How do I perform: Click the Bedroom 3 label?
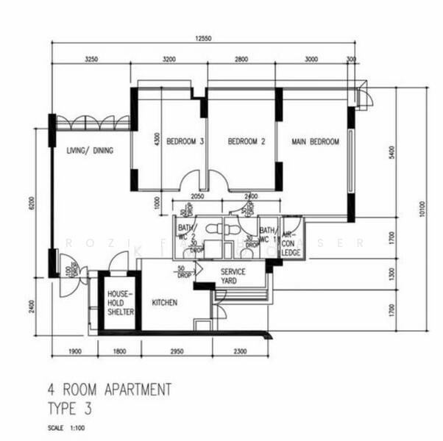click(x=184, y=142)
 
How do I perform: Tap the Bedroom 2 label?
click(x=246, y=142)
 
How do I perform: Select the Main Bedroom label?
click(x=315, y=142)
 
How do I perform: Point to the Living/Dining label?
click(x=90, y=151)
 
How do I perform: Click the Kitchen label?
click(x=165, y=302)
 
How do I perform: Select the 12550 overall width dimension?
click(x=204, y=39)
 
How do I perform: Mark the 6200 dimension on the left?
click(x=32, y=203)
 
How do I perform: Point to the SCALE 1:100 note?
click(x=66, y=427)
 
